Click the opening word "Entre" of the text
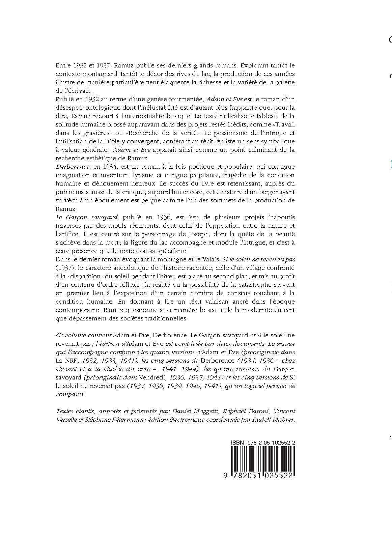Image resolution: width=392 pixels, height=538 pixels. [63, 65]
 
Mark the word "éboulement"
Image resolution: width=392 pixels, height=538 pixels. [116, 200]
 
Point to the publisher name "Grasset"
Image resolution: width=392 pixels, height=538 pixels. [67, 369]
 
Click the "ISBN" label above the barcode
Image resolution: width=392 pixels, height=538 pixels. [237, 442]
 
